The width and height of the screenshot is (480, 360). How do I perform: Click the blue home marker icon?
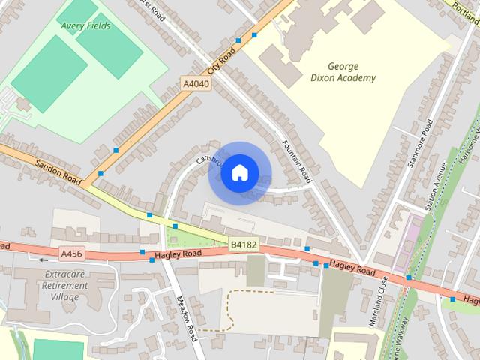point(239,173)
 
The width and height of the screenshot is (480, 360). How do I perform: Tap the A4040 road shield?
point(196,84)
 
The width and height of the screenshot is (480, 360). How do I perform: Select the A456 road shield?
point(71,253)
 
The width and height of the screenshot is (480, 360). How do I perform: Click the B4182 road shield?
point(243,244)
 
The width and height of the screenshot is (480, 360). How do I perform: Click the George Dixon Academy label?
point(352,72)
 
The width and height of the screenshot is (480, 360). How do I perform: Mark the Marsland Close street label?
point(375,301)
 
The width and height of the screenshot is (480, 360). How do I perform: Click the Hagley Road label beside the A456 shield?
point(178,256)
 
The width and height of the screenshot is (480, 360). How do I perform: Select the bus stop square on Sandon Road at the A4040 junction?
point(100,174)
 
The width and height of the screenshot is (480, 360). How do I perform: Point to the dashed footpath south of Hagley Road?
point(225,315)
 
